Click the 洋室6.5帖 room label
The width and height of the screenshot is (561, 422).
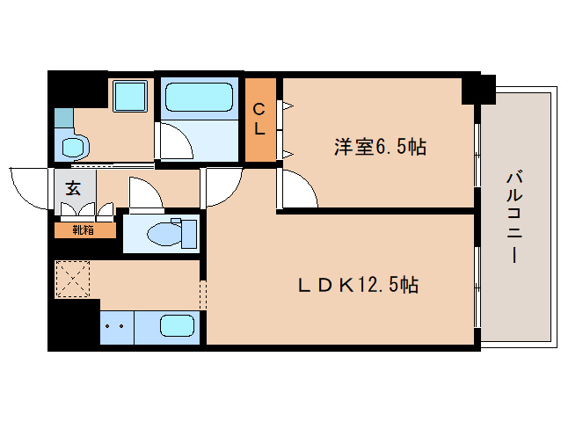point(380,147)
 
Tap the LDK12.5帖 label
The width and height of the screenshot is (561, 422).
point(358,285)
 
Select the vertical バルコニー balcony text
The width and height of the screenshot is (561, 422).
point(514,217)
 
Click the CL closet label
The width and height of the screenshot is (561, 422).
point(259,120)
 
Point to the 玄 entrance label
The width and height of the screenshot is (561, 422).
point(73,188)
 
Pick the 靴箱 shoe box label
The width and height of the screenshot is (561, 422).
point(84,230)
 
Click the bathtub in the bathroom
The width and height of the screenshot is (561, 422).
point(200,97)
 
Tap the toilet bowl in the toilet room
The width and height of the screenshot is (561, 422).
point(164,234)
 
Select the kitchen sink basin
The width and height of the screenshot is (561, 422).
point(177,326)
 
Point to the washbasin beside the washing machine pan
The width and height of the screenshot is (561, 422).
point(75,146)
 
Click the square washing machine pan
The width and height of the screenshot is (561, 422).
point(130,96)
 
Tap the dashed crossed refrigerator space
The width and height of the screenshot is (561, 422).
point(72,280)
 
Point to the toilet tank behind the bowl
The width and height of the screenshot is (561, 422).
point(189,234)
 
